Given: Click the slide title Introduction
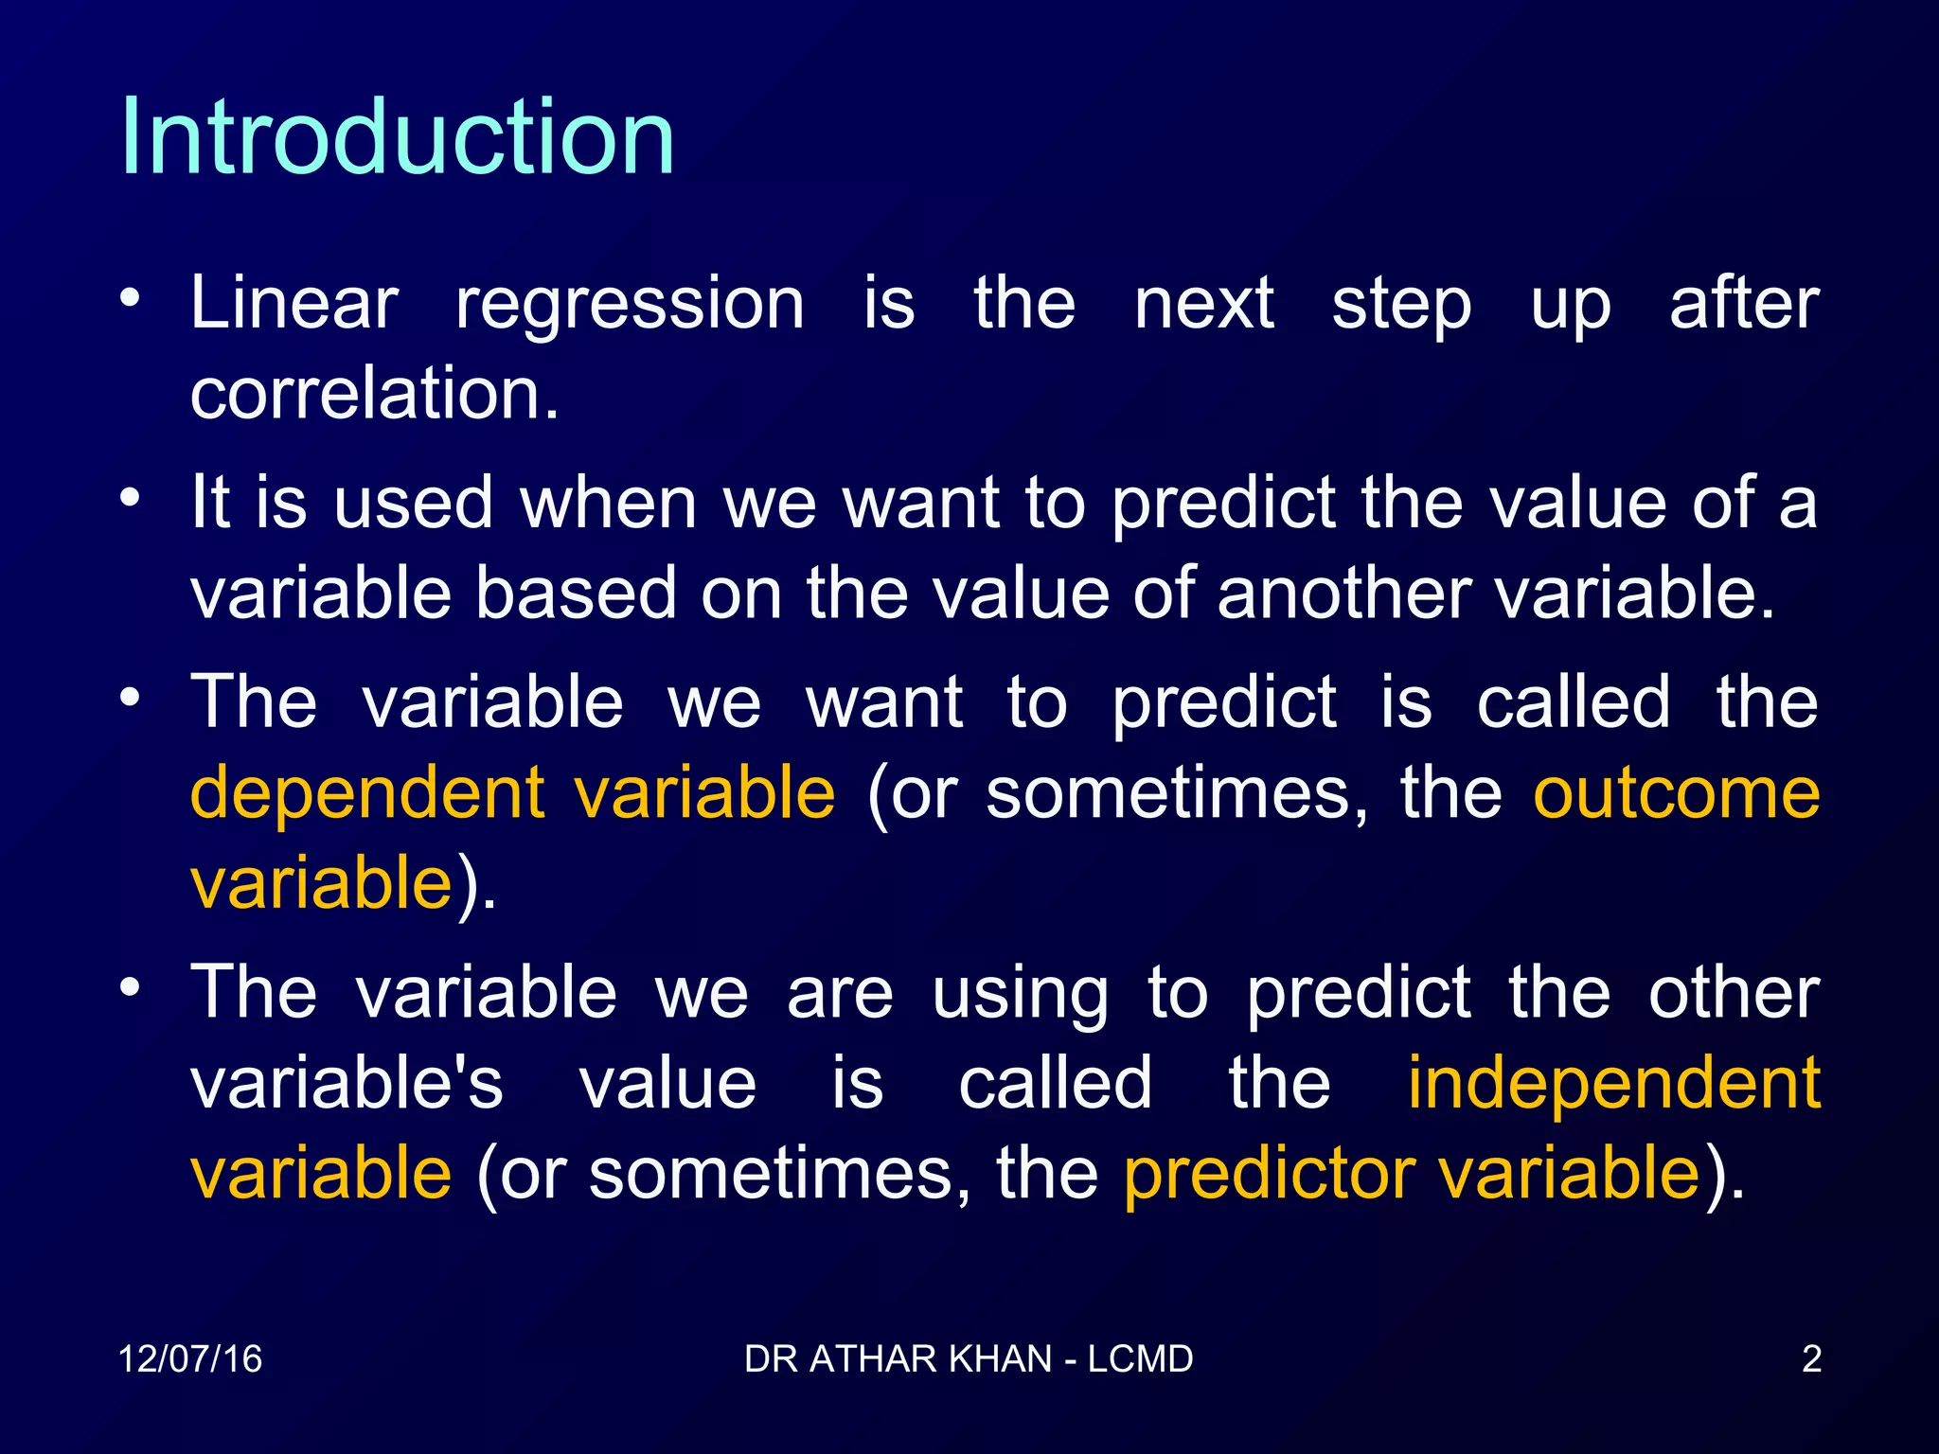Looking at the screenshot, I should point(398,137).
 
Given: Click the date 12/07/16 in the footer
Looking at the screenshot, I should point(190,1359).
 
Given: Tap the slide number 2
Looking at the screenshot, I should point(1811,1359).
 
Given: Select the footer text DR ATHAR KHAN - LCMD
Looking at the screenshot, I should point(969,1359).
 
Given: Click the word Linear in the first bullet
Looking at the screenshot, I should point(294,304).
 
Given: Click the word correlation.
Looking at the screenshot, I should point(374,394).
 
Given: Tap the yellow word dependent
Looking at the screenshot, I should point(367,793).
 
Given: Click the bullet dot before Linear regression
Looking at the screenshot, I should point(131,299).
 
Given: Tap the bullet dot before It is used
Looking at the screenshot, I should point(131,498).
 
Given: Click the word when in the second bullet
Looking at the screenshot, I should point(609,504).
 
